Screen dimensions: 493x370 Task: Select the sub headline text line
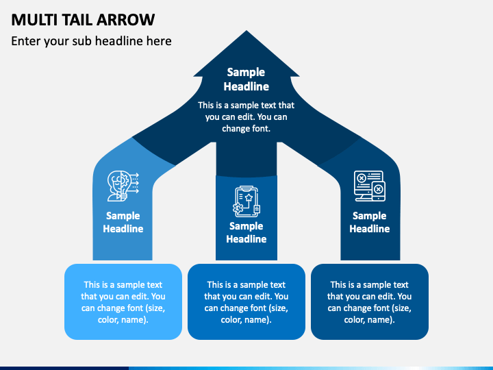pyautogui.click(x=91, y=41)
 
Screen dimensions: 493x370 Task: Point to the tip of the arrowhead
pyautogui.click(x=246, y=31)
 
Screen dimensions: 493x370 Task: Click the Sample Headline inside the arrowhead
pyautogui.click(x=246, y=79)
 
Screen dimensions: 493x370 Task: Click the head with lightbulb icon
pyautogui.click(x=123, y=186)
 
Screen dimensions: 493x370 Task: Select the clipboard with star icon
pyautogui.click(x=246, y=201)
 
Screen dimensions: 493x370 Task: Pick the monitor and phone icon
pyautogui.click(x=370, y=186)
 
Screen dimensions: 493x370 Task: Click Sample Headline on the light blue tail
pyautogui.click(x=123, y=222)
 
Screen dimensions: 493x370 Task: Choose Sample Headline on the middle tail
pyautogui.click(x=246, y=232)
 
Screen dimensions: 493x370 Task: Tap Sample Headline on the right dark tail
pyautogui.click(x=370, y=222)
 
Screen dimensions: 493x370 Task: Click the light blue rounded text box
pyautogui.click(x=123, y=301)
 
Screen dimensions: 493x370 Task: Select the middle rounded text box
pyautogui.click(x=246, y=301)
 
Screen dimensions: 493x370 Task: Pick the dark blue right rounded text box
pyautogui.click(x=370, y=301)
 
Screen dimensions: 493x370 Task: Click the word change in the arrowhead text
pyautogui.click(x=232, y=129)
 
